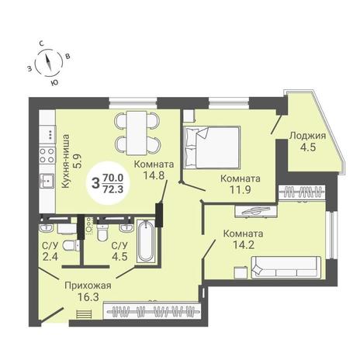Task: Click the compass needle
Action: [x=48, y=63]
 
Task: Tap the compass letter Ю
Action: [x=54, y=83]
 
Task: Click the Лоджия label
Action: [x=307, y=136]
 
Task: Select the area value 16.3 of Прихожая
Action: [x=88, y=297]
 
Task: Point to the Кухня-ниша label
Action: [x=67, y=161]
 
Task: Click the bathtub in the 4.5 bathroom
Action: [x=146, y=241]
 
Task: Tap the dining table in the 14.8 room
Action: [x=137, y=133]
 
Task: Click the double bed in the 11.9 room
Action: [x=212, y=147]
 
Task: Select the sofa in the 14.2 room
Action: [x=286, y=268]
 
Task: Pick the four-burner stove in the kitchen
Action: [x=47, y=155]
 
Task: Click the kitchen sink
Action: [x=47, y=181]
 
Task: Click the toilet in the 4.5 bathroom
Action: [x=102, y=232]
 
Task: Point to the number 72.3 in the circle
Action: [x=113, y=190]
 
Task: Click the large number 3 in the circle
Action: [x=95, y=183]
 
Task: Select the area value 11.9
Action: [x=241, y=190]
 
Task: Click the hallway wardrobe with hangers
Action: [x=152, y=310]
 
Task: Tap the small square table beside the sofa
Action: [x=241, y=273]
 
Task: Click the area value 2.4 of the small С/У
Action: [x=50, y=256]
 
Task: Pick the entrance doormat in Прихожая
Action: [x=84, y=314]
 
